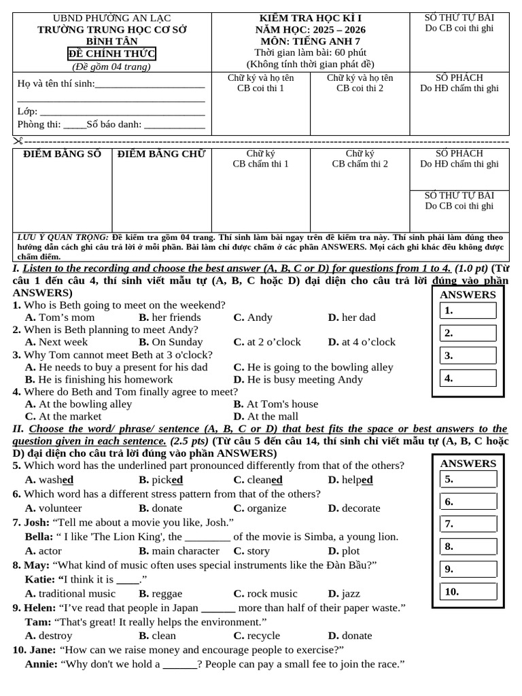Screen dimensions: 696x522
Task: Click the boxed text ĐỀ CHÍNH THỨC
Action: (x=112, y=54)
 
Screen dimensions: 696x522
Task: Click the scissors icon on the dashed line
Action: (x=18, y=141)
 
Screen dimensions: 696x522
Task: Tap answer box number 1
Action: (x=469, y=311)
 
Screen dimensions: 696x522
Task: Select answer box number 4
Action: (x=469, y=378)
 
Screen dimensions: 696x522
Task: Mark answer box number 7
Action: (x=469, y=524)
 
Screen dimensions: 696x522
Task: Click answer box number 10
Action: (x=469, y=591)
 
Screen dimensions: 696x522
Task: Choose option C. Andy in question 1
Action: (x=253, y=317)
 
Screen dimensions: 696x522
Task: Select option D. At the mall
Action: (x=266, y=416)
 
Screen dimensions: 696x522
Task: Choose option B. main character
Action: (x=179, y=551)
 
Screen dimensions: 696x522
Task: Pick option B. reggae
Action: (x=160, y=593)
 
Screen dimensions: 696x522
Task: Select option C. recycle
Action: (x=256, y=636)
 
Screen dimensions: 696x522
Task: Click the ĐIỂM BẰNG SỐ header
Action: (x=62, y=154)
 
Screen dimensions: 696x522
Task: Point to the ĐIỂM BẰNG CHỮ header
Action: (x=161, y=154)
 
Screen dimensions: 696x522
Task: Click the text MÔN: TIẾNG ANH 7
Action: (x=311, y=41)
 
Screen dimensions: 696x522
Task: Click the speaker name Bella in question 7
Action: (x=39, y=537)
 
